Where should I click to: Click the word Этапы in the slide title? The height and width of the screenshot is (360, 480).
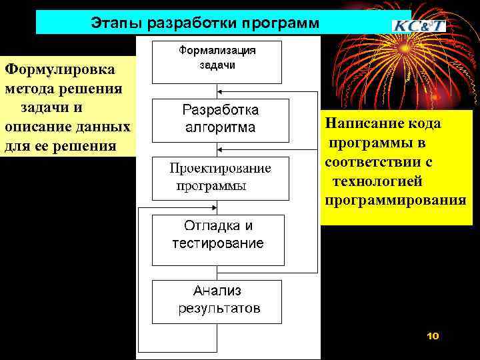tap(110, 23)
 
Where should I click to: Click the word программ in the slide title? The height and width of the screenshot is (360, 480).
tap(281, 23)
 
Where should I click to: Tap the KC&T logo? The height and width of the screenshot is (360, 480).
tap(418, 25)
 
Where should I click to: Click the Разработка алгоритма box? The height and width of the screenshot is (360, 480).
tap(221, 120)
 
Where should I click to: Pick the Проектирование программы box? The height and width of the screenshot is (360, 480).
tap(220, 177)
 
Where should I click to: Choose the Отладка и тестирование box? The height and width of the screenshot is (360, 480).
tap(218, 239)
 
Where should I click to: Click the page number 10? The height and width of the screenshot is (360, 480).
tap(433, 337)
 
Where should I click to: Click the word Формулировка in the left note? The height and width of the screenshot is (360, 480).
tap(51, 69)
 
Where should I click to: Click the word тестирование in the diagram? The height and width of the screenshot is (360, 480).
tap(218, 243)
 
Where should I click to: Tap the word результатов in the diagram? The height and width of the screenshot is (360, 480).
tap(219, 309)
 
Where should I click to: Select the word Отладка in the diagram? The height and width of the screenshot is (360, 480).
tap(207, 225)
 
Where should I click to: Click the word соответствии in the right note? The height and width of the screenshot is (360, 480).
tap(379, 162)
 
